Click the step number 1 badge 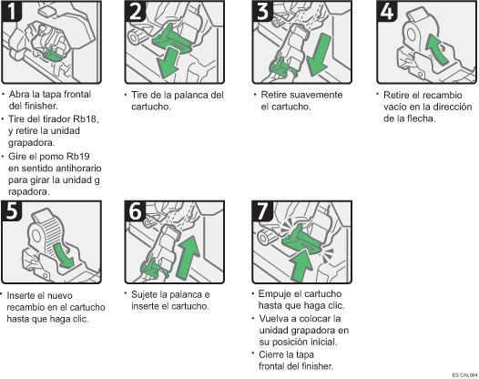[x=11, y=11]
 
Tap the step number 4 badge [x=387, y=11]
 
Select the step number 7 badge [x=262, y=210]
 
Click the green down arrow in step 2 [x=168, y=64]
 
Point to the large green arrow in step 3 [x=320, y=55]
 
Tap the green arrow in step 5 [x=64, y=255]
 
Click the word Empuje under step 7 [x=274, y=294]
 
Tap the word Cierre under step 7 [x=271, y=354]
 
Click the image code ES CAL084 [x=465, y=375]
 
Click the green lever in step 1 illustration [x=53, y=54]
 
